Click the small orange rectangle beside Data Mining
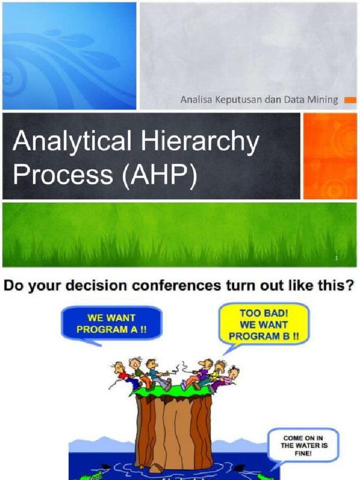(x=350, y=100)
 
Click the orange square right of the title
(x=330, y=156)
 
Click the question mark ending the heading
(x=349, y=285)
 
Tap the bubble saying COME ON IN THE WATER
(x=303, y=446)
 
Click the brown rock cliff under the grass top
(x=173, y=431)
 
